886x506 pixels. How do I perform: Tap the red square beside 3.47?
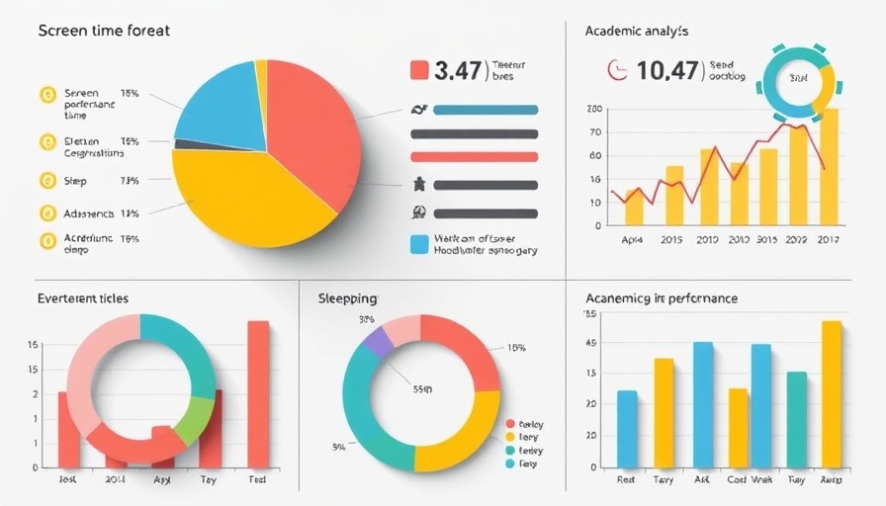(419, 70)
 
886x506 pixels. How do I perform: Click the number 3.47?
(457, 70)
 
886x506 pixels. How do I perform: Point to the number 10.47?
(668, 70)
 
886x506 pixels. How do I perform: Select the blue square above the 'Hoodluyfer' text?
(419, 242)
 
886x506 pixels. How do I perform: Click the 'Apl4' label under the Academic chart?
(632, 240)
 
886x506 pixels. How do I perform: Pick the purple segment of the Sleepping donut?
(378, 341)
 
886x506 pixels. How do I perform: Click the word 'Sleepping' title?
(348, 297)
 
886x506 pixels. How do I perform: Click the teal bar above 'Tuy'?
(796, 419)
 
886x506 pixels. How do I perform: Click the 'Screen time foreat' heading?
(104, 31)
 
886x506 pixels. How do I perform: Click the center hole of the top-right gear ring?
(795, 78)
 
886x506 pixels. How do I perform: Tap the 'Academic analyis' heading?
(638, 31)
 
